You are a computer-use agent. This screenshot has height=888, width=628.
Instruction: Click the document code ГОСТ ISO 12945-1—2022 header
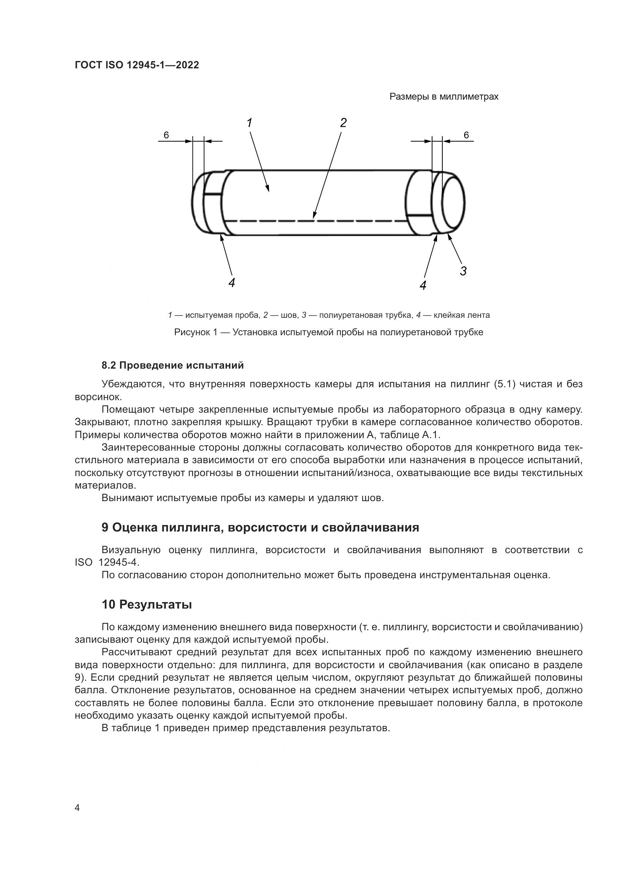tap(137, 65)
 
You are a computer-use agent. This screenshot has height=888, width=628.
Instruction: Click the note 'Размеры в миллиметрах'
tap(443, 97)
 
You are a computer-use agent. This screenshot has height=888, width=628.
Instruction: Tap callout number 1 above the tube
tap(249, 123)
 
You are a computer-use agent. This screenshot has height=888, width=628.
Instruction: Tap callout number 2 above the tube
tap(343, 123)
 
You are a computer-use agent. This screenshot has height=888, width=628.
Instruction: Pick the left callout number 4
tap(231, 283)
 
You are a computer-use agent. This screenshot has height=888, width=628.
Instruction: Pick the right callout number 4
tap(423, 285)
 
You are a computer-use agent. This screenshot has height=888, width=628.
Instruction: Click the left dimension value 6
tap(166, 135)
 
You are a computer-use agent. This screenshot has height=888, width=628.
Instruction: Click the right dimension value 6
tap(466, 135)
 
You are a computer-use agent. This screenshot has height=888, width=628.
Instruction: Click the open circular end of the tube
tap(453, 203)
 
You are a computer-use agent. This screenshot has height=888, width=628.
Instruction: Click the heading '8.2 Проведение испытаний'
tap(172, 365)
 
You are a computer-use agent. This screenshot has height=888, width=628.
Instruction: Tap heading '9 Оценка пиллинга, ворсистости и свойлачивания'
tap(260, 528)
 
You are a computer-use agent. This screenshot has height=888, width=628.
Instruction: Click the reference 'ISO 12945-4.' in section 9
tap(107, 562)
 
